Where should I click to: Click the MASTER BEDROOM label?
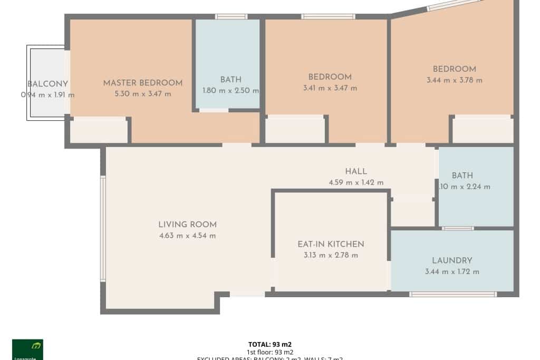(x=143, y=83)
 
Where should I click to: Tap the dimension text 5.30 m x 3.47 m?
(x=143, y=94)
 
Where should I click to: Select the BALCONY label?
(x=47, y=84)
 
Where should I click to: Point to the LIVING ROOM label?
(x=188, y=225)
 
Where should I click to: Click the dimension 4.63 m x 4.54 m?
(x=188, y=236)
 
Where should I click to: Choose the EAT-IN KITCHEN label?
(x=331, y=244)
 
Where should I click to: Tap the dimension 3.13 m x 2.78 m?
(x=331, y=255)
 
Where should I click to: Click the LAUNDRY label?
(x=452, y=260)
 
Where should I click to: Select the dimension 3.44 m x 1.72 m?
(x=452, y=271)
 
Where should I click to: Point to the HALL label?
(x=356, y=171)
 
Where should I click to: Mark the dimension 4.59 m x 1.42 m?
(x=356, y=182)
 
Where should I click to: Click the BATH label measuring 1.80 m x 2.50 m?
(x=230, y=80)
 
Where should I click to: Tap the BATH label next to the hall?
(x=462, y=176)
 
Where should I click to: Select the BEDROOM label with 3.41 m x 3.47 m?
(x=330, y=77)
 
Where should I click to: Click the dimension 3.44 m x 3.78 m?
(x=455, y=81)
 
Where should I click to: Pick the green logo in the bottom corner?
(x=27, y=349)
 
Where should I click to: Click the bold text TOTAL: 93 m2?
(x=270, y=345)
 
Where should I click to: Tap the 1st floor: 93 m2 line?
(x=270, y=352)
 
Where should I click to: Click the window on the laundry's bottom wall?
(x=452, y=294)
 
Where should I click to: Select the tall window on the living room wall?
(x=103, y=228)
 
